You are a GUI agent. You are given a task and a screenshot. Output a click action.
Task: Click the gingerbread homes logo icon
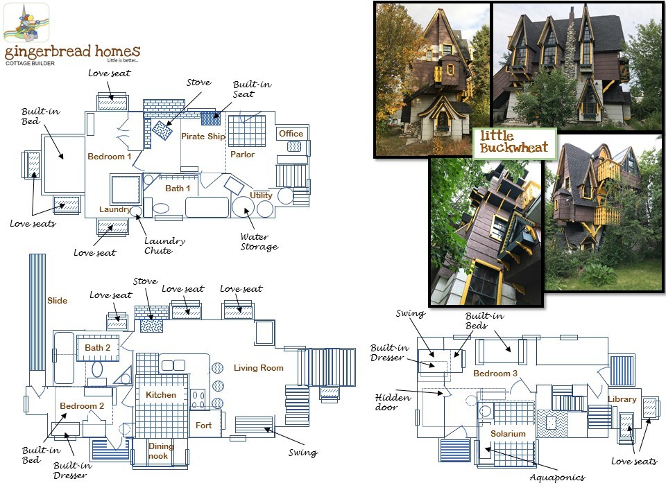(26, 24)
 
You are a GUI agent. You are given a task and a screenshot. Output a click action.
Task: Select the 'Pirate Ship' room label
(203, 137)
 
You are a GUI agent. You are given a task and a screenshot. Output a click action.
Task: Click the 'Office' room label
(291, 134)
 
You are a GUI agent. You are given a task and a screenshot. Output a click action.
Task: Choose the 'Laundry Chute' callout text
(164, 245)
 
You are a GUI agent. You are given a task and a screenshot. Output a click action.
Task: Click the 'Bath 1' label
(178, 189)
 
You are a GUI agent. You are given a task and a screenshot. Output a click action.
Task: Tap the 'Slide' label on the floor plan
(57, 301)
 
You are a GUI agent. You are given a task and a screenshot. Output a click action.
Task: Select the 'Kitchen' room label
(161, 395)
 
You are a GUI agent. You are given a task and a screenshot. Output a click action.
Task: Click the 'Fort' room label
(203, 425)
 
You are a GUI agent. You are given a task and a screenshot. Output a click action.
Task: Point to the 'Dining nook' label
(161, 451)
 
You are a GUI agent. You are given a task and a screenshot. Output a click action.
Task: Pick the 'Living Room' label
(258, 368)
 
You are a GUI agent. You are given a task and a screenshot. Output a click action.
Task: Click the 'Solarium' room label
(508, 434)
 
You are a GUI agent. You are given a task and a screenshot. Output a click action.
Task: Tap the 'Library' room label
(622, 399)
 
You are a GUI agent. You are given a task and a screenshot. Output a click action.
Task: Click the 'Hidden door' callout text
(393, 403)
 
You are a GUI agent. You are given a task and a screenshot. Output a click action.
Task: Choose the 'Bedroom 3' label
(495, 374)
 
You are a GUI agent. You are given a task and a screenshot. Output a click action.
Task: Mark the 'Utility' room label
(261, 195)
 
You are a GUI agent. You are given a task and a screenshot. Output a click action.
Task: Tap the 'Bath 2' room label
(97, 348)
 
